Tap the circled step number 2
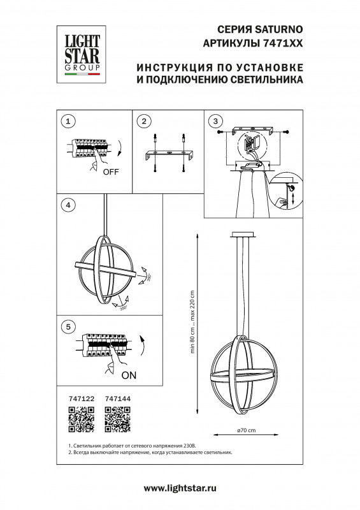tap(145, 121)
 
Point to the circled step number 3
tap(216, 121)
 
